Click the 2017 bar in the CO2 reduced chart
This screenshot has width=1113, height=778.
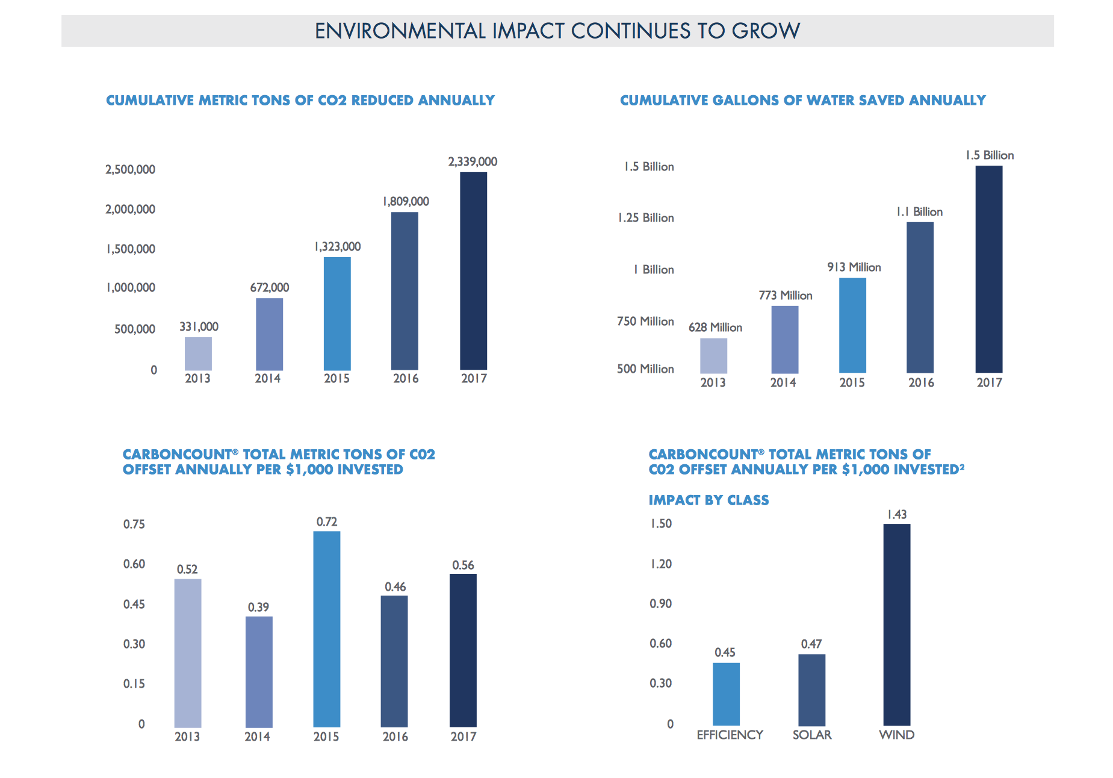click(x=473, y=271)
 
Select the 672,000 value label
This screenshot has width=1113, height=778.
click(x=269, y=288)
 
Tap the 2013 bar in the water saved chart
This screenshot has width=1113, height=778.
click(x=713, y=355)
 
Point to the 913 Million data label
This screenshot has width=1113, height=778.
click(x=854, y=267)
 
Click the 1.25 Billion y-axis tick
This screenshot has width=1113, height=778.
click(x=645, y=218)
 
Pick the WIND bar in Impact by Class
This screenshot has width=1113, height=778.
click(x=896, y=624)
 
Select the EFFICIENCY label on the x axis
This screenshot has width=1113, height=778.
click(x=730, y=735)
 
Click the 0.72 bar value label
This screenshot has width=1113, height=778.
click(x=327, y=521)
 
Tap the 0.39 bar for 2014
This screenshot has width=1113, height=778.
click(x=259, y=671)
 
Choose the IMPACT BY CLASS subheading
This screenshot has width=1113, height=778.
click(x=708, y=500)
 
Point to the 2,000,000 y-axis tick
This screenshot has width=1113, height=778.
click(x=130, y=209)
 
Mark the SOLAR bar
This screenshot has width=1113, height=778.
click(x=811, y=689)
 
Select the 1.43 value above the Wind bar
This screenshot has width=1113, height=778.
click(x=896, y=514)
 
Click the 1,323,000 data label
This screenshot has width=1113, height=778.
click(x=337, y=246)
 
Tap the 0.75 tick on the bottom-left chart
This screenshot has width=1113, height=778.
click(x=134, y=524)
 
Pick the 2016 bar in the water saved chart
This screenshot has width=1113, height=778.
click(x=920, y=297)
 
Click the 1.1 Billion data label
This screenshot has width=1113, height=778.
click(x=919, y=212)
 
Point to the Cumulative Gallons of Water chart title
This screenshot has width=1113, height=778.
click(x=802, y=100)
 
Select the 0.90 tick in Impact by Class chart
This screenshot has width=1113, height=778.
click(x=660, y=603)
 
